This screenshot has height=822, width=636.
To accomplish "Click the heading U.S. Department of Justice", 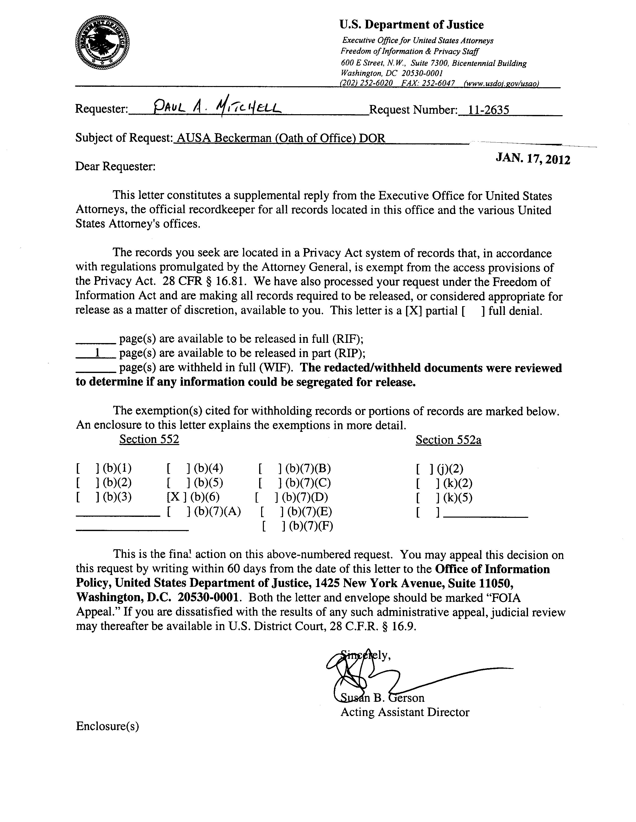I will tap(411, 25).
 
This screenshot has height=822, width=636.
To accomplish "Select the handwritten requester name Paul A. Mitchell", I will tap(218, 109).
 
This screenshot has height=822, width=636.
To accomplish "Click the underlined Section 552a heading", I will tap(448, 440).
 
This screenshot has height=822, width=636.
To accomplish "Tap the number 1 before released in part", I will tap(97, 353).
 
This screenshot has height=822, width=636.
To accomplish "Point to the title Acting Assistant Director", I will tap(405, 712).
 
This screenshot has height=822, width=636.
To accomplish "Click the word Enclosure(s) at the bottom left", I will tap(107, 726).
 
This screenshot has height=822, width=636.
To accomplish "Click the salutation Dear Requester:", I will tap(115, 166).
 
